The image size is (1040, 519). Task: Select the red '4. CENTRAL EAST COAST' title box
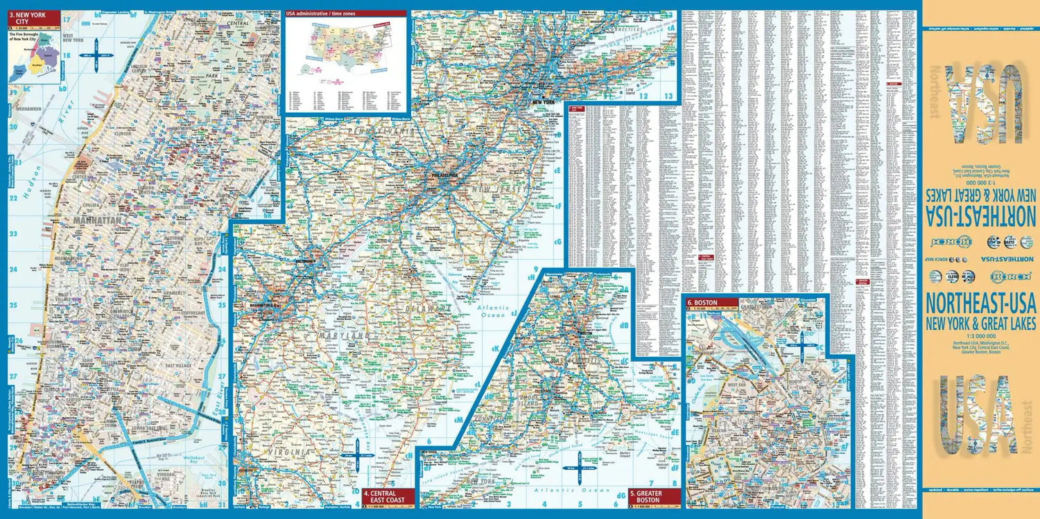tap(388, 496)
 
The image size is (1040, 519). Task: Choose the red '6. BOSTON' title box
tap(711, 302)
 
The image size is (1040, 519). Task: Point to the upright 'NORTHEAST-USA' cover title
tap(980, 304)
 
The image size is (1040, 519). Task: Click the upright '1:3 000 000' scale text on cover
tap(980, 335)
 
